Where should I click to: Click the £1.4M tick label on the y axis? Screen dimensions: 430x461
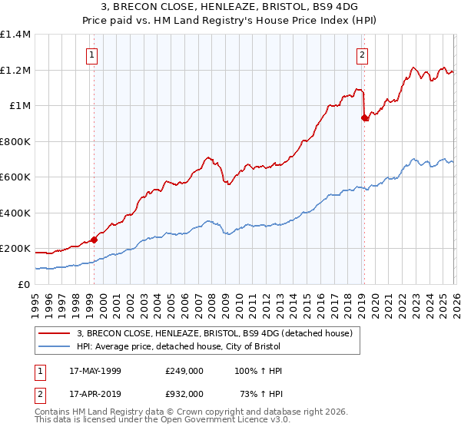click(x=15, y=35)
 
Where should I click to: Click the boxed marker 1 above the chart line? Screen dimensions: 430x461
click(x=92, y=55)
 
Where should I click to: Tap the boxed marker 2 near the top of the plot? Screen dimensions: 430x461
click(x=362, y=55)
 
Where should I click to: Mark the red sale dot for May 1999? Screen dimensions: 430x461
click(x=95, y=240)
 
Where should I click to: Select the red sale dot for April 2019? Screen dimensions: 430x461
click(x=364, y=117)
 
